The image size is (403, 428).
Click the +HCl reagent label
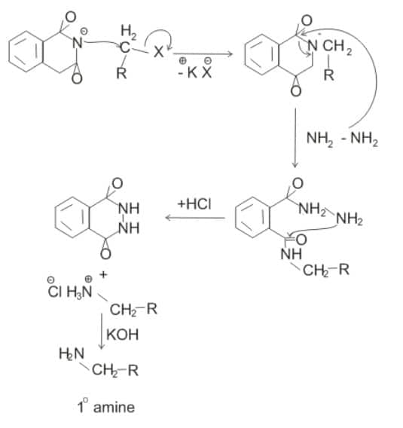click(x=194, y=204)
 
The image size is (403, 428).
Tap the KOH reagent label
click(x=123, y=335)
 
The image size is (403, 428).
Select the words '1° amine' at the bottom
click(x=106, y=407)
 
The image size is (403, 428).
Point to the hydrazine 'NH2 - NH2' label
click(x=343, y=139)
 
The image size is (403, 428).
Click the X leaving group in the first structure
click(x=158, y=51)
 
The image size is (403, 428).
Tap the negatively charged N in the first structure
click(x=78, y=42)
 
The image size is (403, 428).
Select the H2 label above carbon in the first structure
click(x=129, y=32)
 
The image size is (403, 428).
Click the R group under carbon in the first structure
click(x=121, y=73)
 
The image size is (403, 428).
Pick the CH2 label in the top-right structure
click(x=337, y=46)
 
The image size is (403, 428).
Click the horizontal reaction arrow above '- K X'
click(x=203, y=53)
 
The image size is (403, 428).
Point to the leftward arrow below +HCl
click(x=195, y=218)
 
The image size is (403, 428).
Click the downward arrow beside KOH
click(x=102, y=331)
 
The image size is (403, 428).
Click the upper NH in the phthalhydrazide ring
click(x=130, y=208)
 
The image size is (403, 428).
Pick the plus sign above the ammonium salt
click(x=103, y=275)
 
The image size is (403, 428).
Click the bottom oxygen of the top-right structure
click(x=296, y=91)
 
